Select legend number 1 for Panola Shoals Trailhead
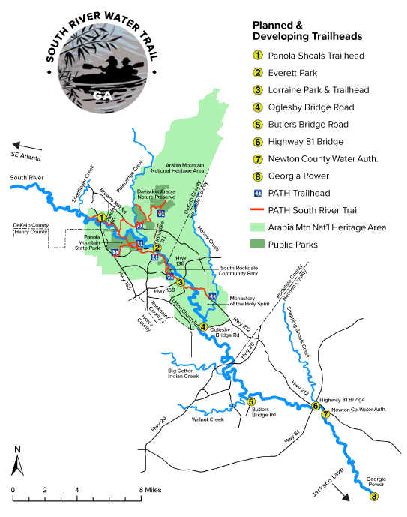257,55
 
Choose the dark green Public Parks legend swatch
257,244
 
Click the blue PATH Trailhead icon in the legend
257,194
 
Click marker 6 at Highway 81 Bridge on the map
316,406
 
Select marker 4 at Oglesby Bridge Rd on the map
204,326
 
